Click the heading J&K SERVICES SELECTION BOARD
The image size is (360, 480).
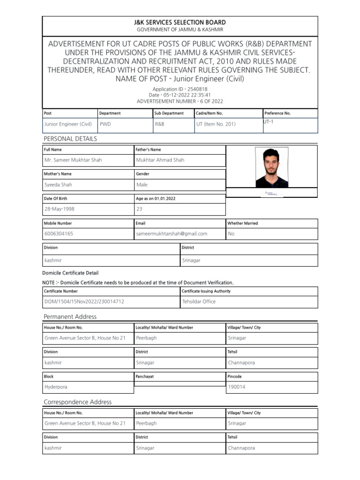(180, 22)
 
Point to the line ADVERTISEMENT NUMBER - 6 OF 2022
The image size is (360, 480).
(180, 101)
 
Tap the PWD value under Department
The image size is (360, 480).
(105, 124)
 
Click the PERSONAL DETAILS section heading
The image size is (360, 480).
(70, 139)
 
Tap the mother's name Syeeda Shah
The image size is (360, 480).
(58, 185)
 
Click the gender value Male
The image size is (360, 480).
(142, 185)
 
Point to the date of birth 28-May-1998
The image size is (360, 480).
(59, 209)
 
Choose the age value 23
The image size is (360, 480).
(139, 209)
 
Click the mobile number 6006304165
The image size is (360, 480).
(59, 233)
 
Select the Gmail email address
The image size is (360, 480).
(172, 233)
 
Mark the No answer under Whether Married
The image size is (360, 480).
(231, 233)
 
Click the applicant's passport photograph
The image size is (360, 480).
(272, 167)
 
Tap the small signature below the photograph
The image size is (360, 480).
(271, 193)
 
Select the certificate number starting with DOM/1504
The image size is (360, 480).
(84, 301)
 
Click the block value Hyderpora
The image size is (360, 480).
(56, 387)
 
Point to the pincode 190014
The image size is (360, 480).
(237, 387)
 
